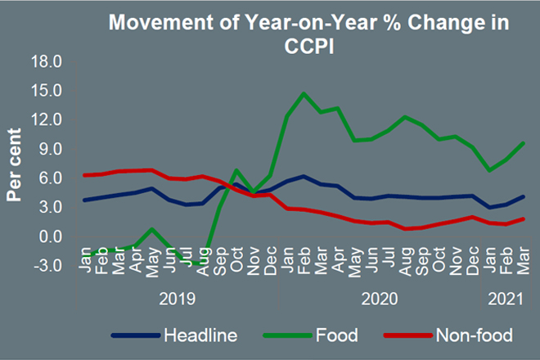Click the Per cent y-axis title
(14, 164)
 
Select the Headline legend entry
(200, 335)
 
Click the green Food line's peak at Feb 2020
(304, 93)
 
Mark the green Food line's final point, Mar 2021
(523, 143)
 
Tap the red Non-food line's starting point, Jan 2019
(85, 175)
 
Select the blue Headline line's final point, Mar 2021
(523, 196)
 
